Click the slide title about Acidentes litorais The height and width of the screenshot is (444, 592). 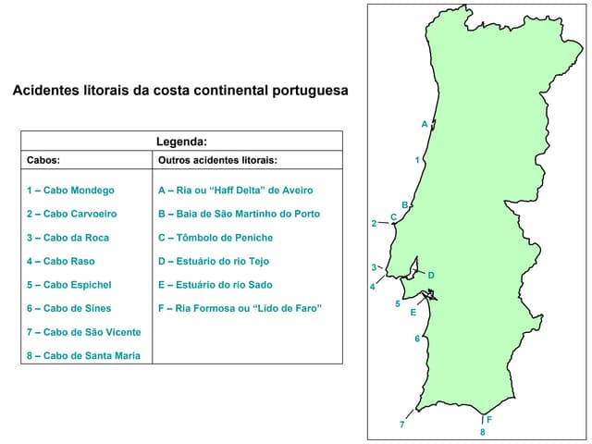(180, 91)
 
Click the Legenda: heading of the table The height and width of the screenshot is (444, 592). (181, 142)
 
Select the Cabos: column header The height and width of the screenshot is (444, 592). (43, 160)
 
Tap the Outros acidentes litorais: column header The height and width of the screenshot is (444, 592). (217, 160)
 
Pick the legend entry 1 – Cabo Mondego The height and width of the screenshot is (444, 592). (70, 191)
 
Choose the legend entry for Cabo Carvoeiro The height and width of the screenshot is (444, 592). (72, 214)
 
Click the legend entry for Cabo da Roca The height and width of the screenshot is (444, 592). (68, 238)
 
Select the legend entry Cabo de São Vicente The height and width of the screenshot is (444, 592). (83, 332)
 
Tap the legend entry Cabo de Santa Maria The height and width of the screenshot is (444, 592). (83, 356)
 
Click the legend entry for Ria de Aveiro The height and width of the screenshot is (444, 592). (236, 191)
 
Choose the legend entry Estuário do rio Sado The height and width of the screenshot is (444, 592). (216, 285)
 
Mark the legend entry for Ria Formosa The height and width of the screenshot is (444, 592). (240, 308)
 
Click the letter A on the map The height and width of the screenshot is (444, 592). (425, 124)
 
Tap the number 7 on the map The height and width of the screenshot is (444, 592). (401, 425)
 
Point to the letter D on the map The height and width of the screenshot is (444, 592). (431, 276)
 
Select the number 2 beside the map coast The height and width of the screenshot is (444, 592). (374, 223)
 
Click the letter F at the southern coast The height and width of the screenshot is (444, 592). (489, 420)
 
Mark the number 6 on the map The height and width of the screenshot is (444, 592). (417, 339)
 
